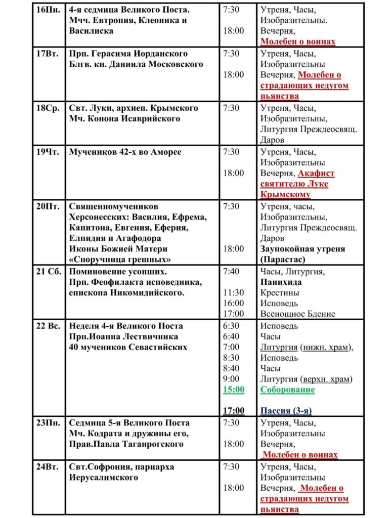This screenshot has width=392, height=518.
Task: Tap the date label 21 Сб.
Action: point(48,272)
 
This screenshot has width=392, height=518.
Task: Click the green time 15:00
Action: point(234,390)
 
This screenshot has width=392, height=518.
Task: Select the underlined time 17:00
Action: point(234,411)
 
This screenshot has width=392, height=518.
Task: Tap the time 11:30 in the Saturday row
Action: point(234,293)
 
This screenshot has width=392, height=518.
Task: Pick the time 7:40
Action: point(232,272)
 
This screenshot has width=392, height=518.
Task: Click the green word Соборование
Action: point(287,390)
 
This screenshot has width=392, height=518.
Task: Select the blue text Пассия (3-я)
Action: point(286,411)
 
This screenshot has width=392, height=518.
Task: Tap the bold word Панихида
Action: point(281,282)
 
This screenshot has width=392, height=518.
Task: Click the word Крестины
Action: point(280,293)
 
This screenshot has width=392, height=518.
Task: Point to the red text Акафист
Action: point(316,173)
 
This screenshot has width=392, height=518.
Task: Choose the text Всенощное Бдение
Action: point(297,314)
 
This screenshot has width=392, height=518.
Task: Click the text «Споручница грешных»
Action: point(120,260)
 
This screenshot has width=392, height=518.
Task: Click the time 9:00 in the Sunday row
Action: point(231,379)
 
